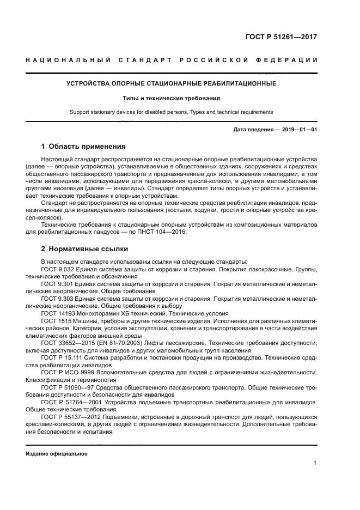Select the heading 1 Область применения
83,147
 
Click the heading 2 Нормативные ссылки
85,249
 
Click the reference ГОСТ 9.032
57,269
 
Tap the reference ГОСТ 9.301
57,284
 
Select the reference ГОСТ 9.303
57,299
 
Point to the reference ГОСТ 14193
57,314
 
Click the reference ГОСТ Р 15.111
60,357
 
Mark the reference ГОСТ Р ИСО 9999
64,372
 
